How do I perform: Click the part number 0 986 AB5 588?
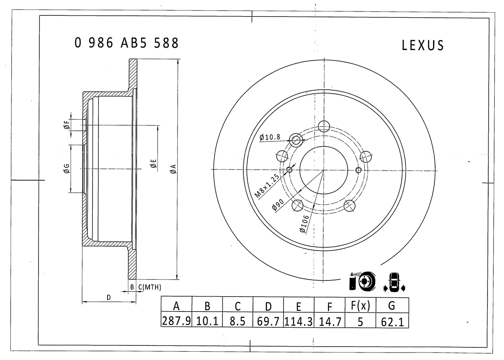point(126,43)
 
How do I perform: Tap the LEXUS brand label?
point(422,45)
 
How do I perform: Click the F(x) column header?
point(360,306)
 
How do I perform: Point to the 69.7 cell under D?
point(268,321)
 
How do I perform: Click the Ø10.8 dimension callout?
point(270,137)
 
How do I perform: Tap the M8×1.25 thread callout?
point(267,186)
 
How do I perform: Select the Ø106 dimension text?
point(304,224)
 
